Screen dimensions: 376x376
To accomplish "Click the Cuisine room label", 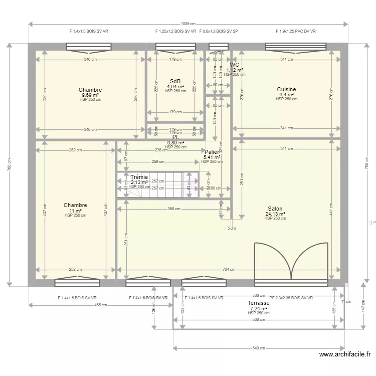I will coord(286,90).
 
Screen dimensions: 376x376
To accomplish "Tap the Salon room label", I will coord(275,209).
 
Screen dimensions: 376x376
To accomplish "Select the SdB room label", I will coord(175,81).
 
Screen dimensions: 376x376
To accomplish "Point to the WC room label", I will coord(235,65).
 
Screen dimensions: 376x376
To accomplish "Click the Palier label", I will coord(212,152).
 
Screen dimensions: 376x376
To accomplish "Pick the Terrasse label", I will coord(258,303).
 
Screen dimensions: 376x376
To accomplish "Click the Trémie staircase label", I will coord(139,177).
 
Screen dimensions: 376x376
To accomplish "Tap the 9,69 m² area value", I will coord(90,95).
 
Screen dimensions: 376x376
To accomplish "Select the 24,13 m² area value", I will coord(275,214).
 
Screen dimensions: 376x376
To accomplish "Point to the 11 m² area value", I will coord(75,211).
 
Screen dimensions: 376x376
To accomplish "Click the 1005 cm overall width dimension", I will coord(188,24).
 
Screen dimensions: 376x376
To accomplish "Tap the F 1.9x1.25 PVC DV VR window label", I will coord(295,31).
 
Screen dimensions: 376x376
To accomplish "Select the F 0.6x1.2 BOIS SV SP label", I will coord(218,31).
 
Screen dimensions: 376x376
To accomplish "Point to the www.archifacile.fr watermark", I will coord(345,354).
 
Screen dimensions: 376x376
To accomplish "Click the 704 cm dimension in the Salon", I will coord(228,269).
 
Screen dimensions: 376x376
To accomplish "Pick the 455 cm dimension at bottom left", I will coord(101,305).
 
